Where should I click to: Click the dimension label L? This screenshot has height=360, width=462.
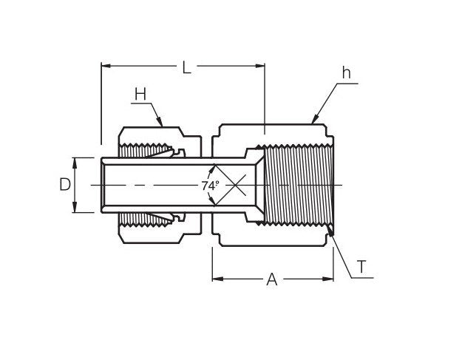(x=187, y=68)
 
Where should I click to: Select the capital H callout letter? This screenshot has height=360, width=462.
(x=140, y=94)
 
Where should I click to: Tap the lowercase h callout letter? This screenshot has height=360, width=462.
(x=346, y=73)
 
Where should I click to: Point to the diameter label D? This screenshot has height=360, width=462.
(x=65, y=185)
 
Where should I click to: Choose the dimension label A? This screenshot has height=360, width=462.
(x=271, y=280)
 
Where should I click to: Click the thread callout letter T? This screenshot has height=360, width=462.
(x=361, y=268)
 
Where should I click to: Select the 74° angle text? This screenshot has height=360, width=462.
(x=211, y=186)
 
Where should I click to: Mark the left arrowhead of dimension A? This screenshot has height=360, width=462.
(x=217, y=279)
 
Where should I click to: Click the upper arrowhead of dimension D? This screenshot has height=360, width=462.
(x=75, y=160)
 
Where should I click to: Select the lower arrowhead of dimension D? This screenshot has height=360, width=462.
(x=75, y=209)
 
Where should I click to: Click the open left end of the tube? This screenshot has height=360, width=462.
(x=102, y=185)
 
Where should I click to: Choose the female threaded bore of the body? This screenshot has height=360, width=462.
(x=296, y=185)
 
